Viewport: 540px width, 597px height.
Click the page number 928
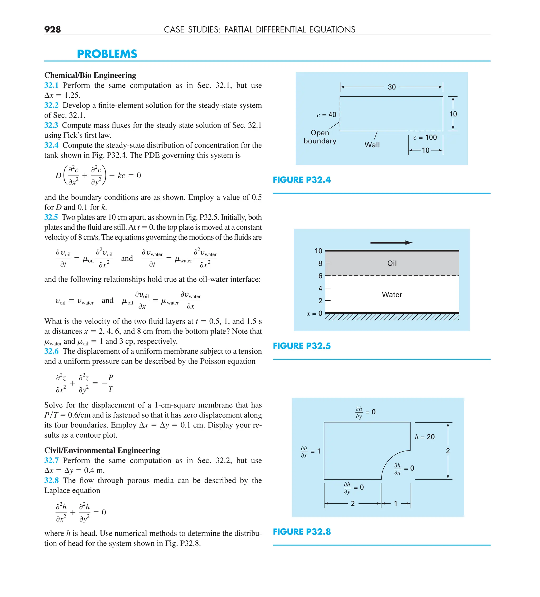tap(52, 29)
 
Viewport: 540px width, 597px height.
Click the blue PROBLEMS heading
tap(107, 54)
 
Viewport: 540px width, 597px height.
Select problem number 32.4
tap(51, 145)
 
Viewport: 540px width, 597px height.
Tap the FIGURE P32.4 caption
tap(302, 180)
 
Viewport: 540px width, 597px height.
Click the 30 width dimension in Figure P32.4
tap(392, 87)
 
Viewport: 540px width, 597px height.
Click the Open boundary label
tap(320, 137)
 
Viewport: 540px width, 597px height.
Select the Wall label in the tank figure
tap(372, 145)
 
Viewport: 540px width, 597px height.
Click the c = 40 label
tap(326, 115)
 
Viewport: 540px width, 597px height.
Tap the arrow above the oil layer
tap(391, 243)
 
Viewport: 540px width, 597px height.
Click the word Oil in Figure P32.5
tap(392, 263)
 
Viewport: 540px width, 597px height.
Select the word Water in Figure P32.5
tap(392, 294)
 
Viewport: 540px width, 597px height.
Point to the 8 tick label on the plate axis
tap(320, 263)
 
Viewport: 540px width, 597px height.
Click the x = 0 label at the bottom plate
tap(314, 313)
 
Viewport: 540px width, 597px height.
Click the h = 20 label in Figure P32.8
tap(425, 437)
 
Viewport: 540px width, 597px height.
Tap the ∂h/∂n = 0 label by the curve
tap(404, 468)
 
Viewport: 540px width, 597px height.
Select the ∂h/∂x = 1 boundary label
tap(310, 451)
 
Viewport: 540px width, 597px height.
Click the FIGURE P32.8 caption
tap(302, 532)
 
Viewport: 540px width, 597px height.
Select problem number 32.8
tap(51, 480)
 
